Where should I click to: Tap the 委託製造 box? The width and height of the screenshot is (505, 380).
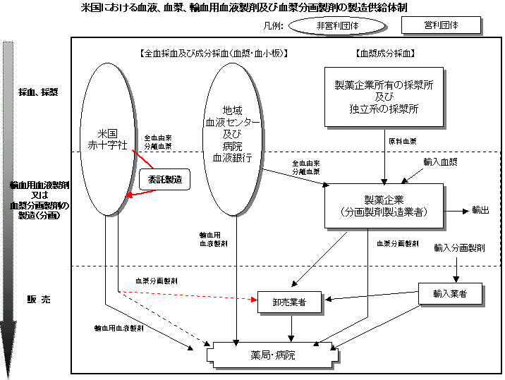point(165,180)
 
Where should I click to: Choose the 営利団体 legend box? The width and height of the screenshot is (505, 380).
point(441,25)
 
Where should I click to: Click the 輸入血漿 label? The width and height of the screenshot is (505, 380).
point(440,161)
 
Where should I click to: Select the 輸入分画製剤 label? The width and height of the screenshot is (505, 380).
point(459,248)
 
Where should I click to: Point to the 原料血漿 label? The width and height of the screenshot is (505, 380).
point(402,141)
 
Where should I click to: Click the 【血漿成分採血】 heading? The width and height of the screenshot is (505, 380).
point(384,53)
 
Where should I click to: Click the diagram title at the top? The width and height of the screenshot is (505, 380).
point(244,8)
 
